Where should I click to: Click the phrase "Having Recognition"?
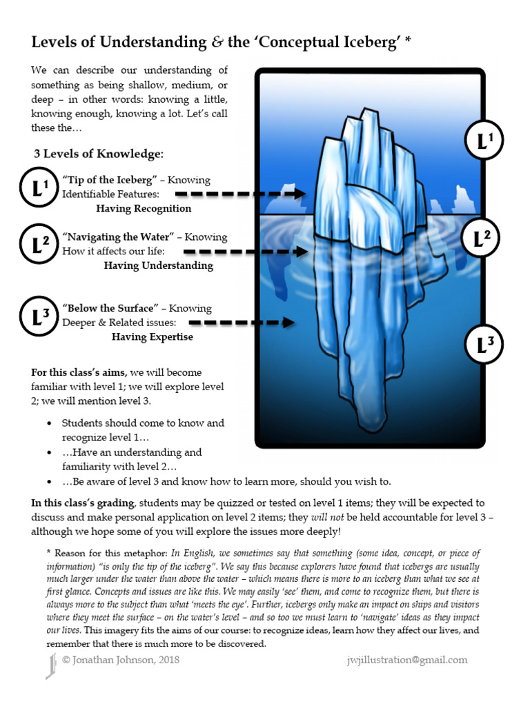(144, 208)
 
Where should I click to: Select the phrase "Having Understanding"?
(158, 265)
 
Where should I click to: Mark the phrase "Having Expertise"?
(152, 337)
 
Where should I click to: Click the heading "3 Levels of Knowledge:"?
(99, 153)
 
